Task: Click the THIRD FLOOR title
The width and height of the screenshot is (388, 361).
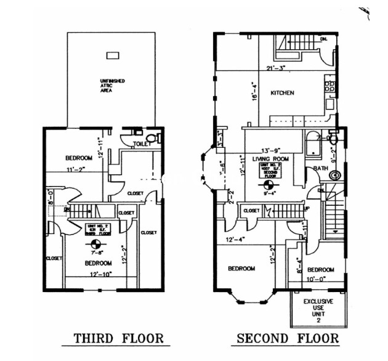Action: pyautogui.click(x=118, y=338)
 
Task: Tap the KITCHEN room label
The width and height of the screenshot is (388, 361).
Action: pyautogui.click(x=283, y=93)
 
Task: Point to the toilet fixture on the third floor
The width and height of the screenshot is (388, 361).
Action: pyautogui.click(x=156, y=137)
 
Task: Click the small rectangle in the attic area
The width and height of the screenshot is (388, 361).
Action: pyautogui.click(x=113, y=55)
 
